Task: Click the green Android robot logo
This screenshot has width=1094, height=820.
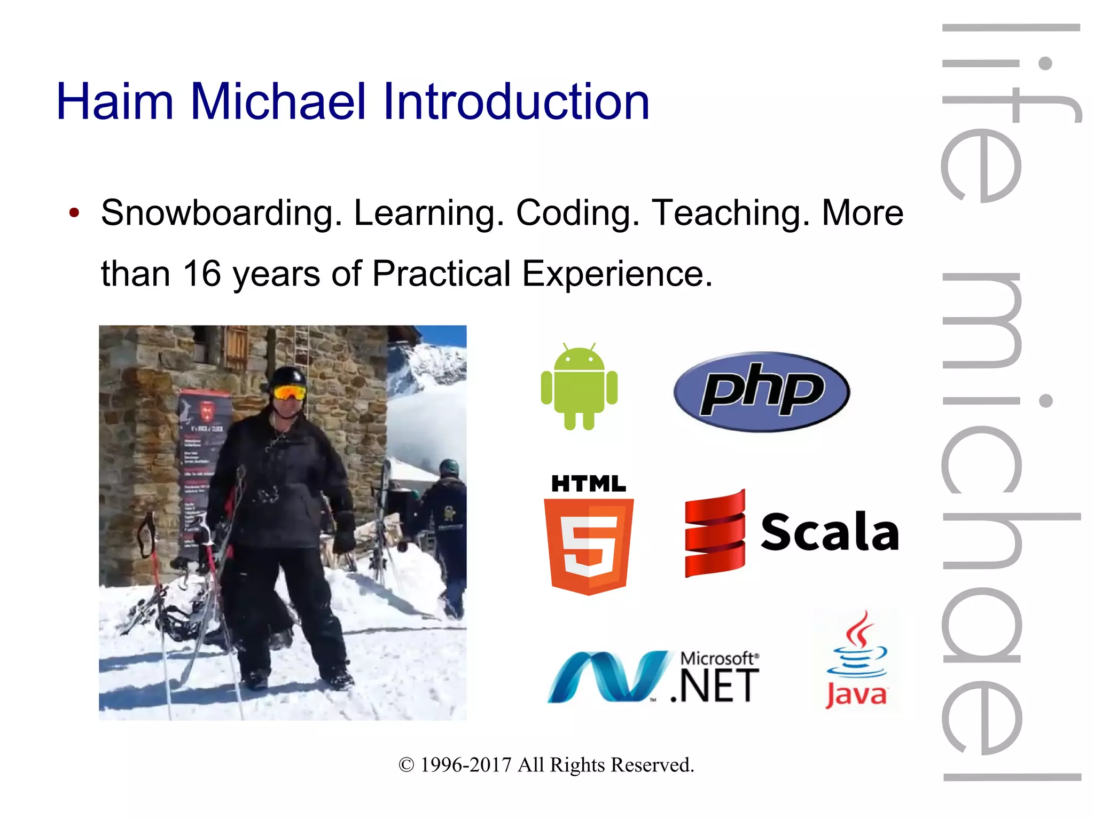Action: (x=579, y=387)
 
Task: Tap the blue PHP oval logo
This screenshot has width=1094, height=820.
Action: (x=762, y=391)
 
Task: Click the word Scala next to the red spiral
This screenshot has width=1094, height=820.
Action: (x=830, y=532)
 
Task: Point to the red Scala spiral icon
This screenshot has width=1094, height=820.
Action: (x=715, y=534)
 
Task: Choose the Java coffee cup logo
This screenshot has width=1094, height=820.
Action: (x=856, y=660)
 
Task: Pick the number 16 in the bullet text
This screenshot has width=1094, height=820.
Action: (x=202, y=274)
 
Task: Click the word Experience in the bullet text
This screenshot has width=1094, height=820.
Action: (x=617, y=274)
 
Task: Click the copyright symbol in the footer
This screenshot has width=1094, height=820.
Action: (x=407, y=765)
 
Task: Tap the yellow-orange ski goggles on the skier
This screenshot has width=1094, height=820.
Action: (x=290, y=393)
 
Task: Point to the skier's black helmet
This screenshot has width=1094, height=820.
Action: (x=288, y=376)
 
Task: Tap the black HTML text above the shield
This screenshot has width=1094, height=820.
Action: (x=588, y=484)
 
